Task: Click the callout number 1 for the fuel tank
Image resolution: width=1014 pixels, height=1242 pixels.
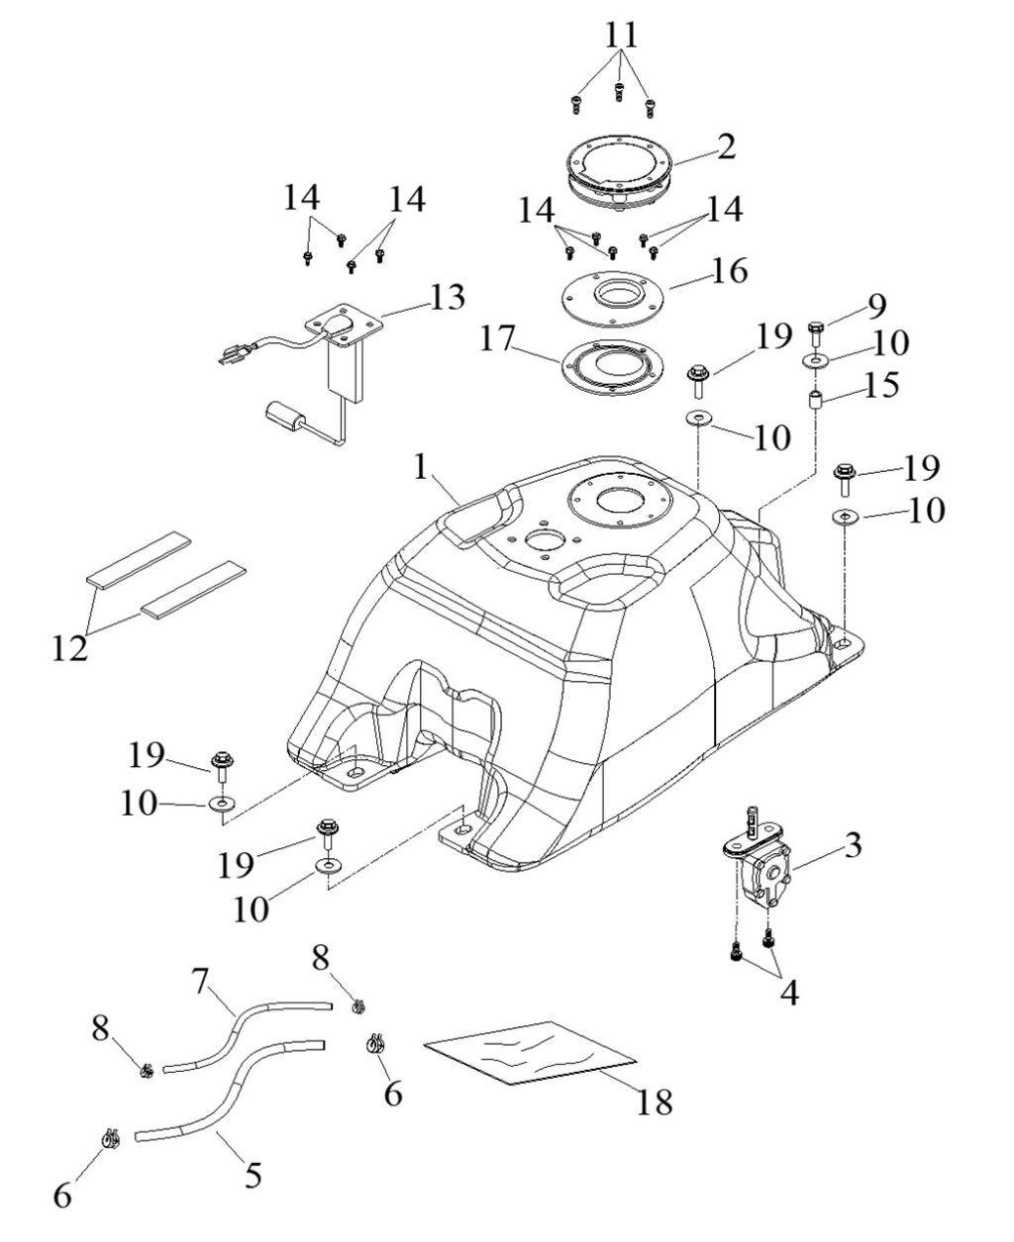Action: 423,467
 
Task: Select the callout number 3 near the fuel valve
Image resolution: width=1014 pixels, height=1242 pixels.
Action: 853,847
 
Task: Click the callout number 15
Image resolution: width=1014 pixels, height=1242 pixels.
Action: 880,385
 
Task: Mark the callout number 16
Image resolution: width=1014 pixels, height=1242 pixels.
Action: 729,271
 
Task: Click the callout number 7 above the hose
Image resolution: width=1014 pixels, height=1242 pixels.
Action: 201,983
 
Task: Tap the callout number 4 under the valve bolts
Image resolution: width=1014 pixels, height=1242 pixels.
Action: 789,992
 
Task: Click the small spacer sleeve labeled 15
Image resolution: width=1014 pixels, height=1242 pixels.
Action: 817,405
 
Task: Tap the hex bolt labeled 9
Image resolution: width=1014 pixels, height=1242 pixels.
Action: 816,331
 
